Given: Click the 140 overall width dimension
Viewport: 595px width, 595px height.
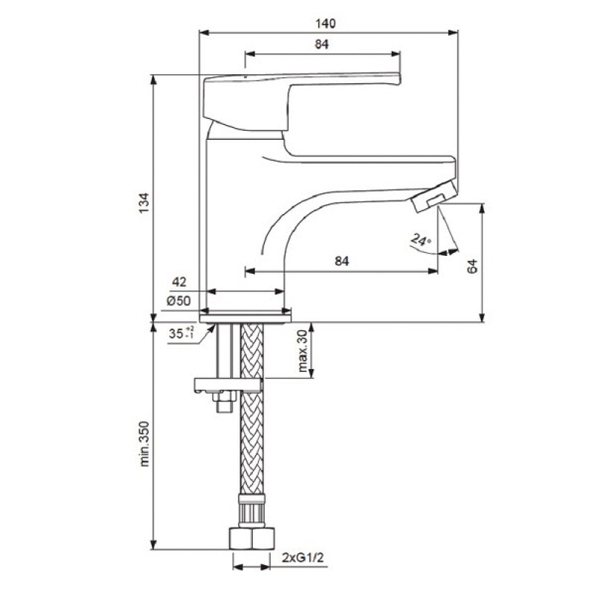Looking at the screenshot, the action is click(326, 24).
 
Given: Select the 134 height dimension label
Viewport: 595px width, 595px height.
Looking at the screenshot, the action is click(144, 203).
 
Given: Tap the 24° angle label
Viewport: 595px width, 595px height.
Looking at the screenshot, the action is click(421, 240).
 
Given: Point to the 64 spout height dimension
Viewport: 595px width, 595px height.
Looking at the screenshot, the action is click(472, 266).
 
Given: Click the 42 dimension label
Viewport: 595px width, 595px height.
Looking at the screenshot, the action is click(179, 282).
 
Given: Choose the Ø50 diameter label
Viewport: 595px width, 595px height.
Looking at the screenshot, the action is click(178, 301).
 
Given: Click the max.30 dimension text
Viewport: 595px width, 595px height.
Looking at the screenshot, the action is click(303, 350).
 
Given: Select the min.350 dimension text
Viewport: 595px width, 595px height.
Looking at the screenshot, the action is click(144, 443).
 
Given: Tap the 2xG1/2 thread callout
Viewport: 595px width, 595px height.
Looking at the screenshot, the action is click(303, 558).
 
